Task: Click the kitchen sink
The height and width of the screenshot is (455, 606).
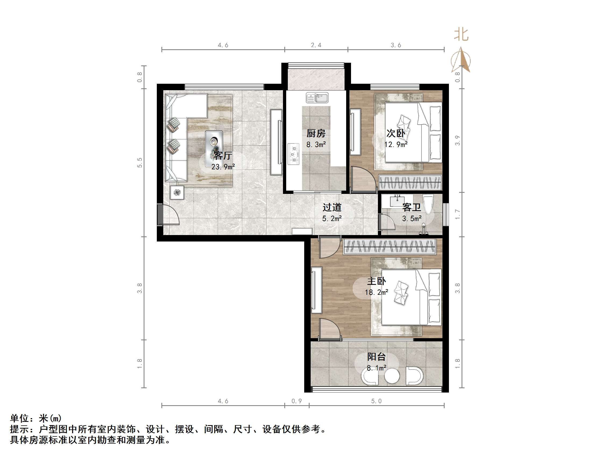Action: pyautogui.click(x=317, y=98)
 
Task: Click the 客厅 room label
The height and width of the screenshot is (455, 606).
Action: pyautogui.click(x=223, y=156)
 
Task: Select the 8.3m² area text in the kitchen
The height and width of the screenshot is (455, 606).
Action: pyautogui.click(x=316, y=145)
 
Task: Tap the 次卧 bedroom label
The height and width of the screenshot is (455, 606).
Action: pyautogui.click(x=396, y=133)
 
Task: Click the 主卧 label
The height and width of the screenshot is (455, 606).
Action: pyautogui.click(x=376, y=281)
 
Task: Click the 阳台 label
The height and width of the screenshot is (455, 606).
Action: pyautogui.click(x=376, y=357)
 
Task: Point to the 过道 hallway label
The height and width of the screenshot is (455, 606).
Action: pyautogui.click(x=332, y=207)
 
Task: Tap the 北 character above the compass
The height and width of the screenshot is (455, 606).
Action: pyautogui.click(x=461, y=35)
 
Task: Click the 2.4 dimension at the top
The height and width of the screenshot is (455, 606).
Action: pyautogui.click(x=316, y=45)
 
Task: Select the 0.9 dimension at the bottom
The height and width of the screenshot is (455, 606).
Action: pyautogui.click(x=296, y=401)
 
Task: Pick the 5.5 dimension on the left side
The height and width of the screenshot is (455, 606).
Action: pyautogui.click(x=140, y=163)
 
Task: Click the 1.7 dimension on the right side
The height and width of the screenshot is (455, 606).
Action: pyautogui.click(x=457, y=214)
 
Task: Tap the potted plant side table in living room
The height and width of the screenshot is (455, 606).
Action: pyautogui.click(x=177, y=192)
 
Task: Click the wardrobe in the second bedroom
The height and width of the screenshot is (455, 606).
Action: pyautogui.click(x=410, y=182)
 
